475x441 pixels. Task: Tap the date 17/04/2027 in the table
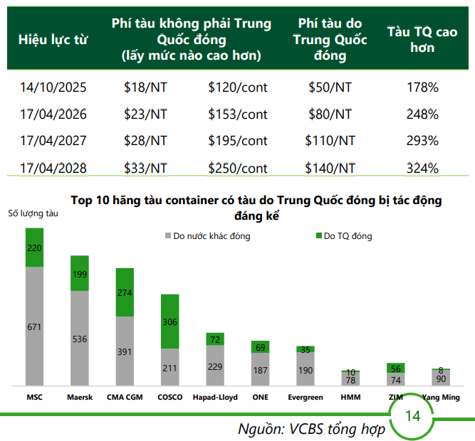point(53,141)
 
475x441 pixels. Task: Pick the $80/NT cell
point(330,114)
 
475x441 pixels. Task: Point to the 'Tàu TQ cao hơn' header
point(422,39)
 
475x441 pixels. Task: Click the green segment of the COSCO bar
point(169,321)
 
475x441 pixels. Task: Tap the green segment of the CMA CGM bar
point(125,292)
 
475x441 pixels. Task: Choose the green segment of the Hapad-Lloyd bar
point(215,339)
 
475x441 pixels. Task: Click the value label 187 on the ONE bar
point(260,370)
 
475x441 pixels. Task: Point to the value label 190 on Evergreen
point(306,371)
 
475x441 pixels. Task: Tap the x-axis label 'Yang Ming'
point(441,397)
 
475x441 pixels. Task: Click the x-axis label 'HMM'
point(351,397)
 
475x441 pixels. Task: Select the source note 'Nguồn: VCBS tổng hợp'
point(311,429)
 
